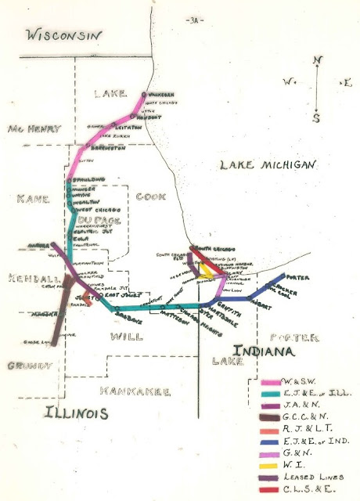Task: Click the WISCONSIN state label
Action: tap(63, 34)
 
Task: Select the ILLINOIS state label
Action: tap(75, 413)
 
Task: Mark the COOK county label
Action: tap(149, 197)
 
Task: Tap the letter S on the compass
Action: tap(315, 118)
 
